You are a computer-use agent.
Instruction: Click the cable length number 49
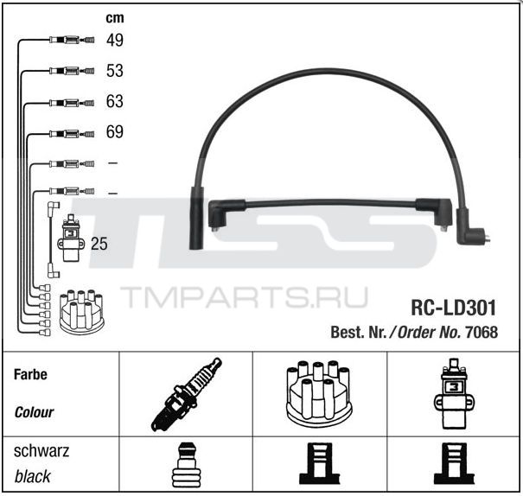click(115, 40)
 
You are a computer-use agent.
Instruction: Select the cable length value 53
click(115, 71)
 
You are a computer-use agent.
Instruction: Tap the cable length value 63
click(115, 101)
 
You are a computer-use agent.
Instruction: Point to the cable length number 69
click(115, 131)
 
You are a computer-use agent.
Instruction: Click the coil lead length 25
click(99, 244)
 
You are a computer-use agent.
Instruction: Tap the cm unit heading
click(115, 18)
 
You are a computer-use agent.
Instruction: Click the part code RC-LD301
click(453, 308)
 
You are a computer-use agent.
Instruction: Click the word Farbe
click(30, 374)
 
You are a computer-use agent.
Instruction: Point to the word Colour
click(34, 412)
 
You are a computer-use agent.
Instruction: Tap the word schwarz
click(41, 451)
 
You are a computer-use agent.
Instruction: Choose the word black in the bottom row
click(32, 476)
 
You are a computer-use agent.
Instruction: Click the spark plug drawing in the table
click(186, 395)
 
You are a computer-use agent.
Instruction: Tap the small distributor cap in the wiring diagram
click(82, 312)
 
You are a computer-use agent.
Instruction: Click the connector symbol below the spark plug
click(186, 465)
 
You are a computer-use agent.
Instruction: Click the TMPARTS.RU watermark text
click(244, 296)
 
